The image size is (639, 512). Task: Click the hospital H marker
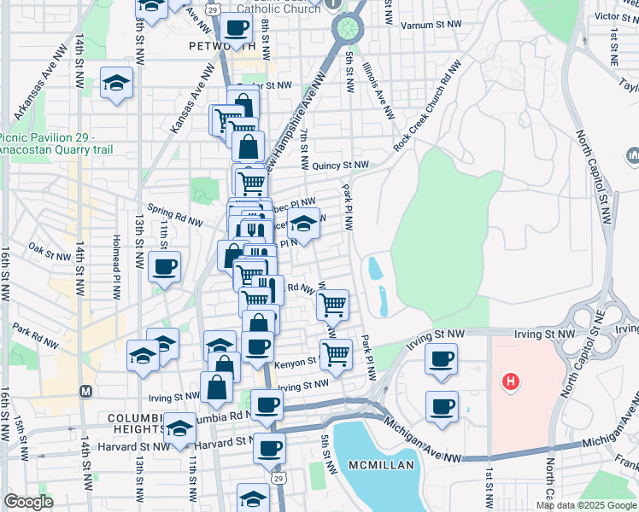[511, 381]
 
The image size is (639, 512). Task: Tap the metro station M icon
[85, 391]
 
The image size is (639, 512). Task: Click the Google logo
[28, 502]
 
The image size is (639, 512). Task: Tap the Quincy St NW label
[339, 166]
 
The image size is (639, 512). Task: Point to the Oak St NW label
[48, 253]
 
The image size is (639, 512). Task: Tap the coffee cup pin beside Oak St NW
[164, 266]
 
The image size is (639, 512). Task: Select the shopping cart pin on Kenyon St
[336, 352]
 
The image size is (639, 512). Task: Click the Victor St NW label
[612, 16]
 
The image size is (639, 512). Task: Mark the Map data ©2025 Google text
[585, 504]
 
